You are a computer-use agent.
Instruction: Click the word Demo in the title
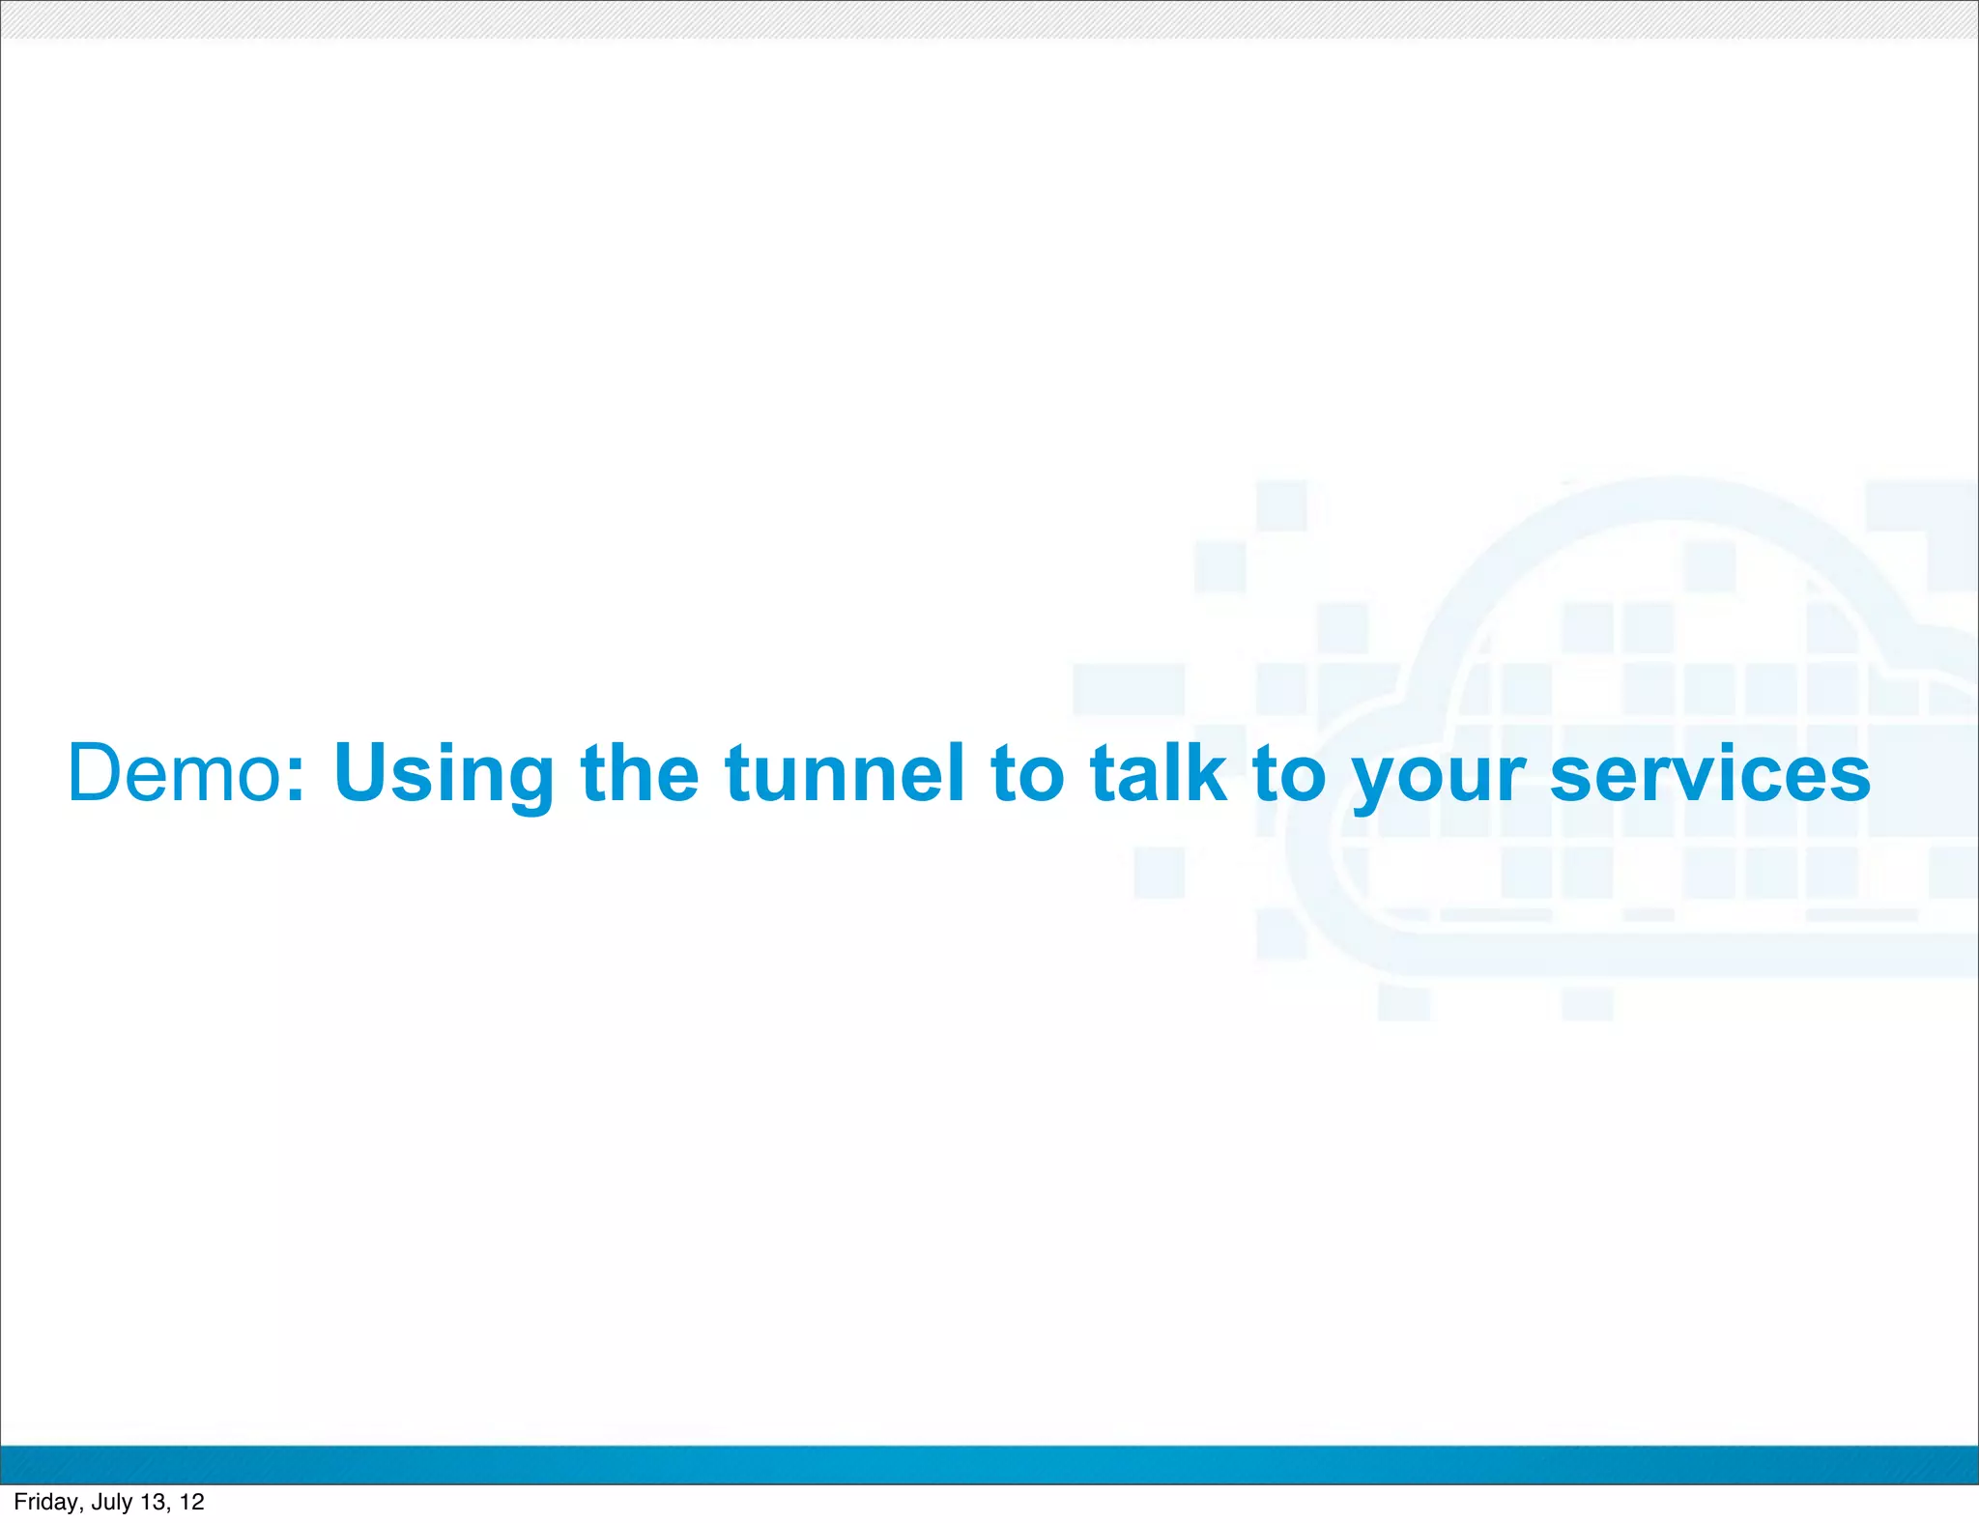[175, 773]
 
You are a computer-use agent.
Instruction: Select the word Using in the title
[444, 775]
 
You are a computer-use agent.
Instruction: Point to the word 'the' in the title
[640, 773]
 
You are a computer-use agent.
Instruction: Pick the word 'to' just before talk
[1028, 775]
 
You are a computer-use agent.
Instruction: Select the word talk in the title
[1159, 773]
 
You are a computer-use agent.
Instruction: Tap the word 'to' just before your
[1289, 775]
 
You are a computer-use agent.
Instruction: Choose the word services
[1710, 775]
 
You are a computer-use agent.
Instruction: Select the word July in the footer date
[112, 1502]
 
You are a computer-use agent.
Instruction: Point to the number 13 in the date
[154, 1502]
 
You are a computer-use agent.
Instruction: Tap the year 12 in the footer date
[192, 1502]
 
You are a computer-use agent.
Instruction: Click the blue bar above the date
[989, 1464]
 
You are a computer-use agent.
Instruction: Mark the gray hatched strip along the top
[989, 19]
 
